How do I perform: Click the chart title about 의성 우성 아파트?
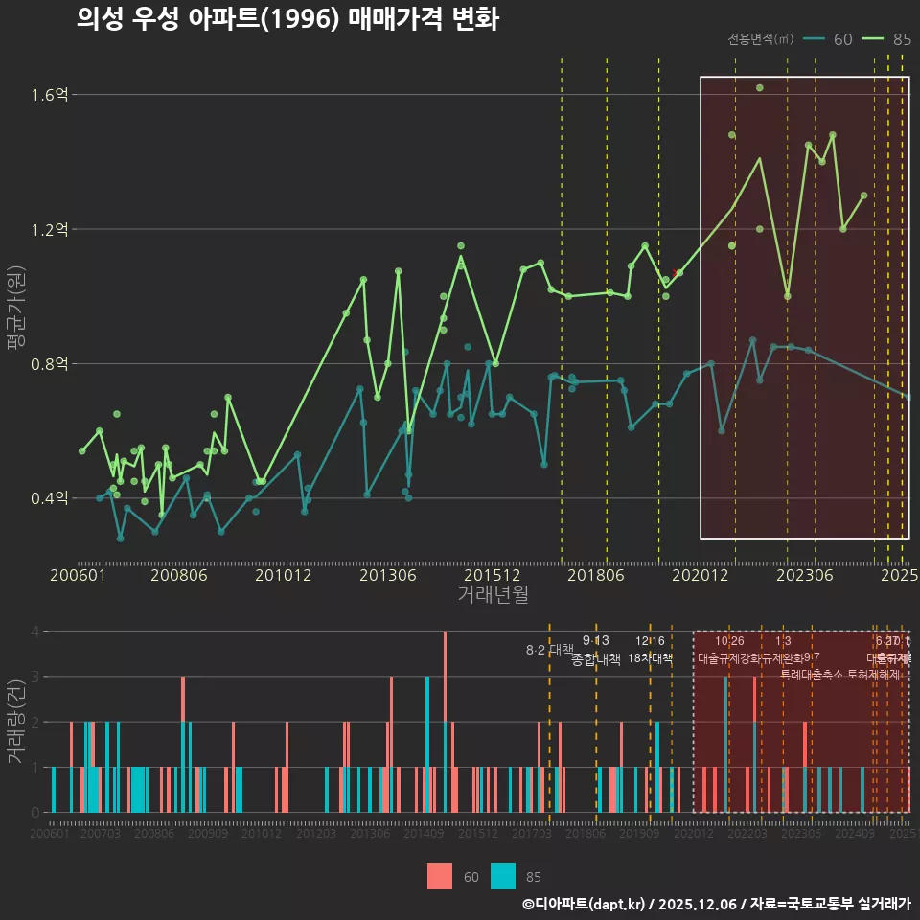coord(287,19)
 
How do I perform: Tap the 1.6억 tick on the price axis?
coord(49,95)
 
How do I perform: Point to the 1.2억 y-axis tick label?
coord(49,230)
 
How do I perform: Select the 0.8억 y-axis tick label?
coord(49,364)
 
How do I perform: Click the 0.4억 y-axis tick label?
coord(49,498)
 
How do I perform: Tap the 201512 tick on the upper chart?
coord(493,576)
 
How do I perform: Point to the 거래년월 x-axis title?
coord(493,595)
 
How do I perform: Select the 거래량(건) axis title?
coord(15,722)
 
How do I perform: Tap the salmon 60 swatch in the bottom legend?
coord(440,876)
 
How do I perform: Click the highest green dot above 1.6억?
coord(759,88)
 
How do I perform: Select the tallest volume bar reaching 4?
coord(445,721)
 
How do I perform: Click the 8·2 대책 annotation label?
coord(549,650)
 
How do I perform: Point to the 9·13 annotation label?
coord(595,641)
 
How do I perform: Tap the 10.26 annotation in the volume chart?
coord(729,641)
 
